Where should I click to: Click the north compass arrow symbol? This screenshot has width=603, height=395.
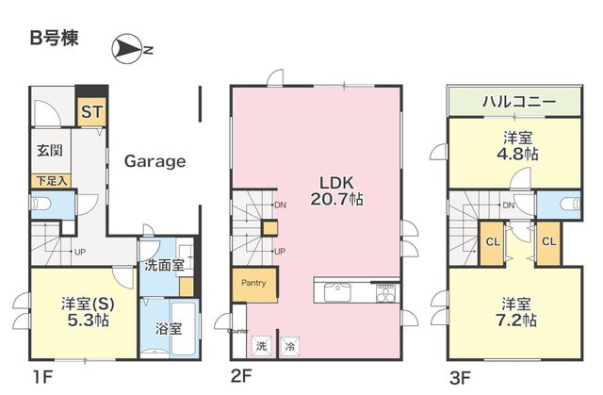click(x=126, y=48)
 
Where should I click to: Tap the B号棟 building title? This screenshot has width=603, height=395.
click(x=55, y=38)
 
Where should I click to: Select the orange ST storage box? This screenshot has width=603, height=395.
click(x=91, y=112)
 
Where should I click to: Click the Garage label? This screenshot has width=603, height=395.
click(x=155, y=161)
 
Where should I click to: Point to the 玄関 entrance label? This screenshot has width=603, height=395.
click(x=50, y=150)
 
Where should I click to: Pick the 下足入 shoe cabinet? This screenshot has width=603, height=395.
click(x=51, y=181)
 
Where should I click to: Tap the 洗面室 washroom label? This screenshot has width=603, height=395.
click(x=164, y=266)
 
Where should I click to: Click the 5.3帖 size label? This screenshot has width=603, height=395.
click(x=88, y=320)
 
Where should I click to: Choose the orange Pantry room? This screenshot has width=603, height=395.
click(x=254, y=285)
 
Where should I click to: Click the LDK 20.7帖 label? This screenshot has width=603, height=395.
click(x=336, y=190)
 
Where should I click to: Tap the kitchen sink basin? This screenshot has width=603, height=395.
click(x=337, y=292)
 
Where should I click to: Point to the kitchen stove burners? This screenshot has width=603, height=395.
click(x=385, y=293)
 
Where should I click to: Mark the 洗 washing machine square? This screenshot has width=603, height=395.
click(x=262, y=346)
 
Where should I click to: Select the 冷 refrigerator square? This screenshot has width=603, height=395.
click(x=290, y=346)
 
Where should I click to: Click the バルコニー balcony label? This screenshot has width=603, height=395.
click(x=519, y=102)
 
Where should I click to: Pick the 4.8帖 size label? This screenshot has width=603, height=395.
click(x=517, y=154)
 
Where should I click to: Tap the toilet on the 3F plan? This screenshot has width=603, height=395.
click(x=570, y=203)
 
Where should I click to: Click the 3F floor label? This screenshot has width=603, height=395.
click(x=460, y=378)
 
